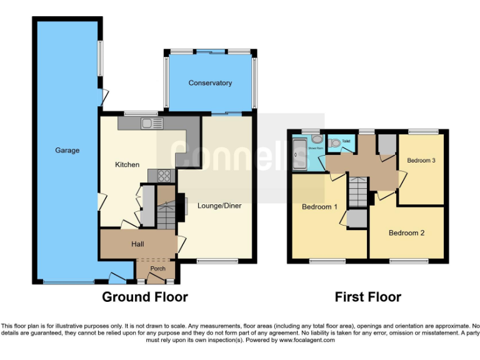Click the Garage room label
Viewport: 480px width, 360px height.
coord(67,151)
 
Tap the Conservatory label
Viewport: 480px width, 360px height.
coord(210,83)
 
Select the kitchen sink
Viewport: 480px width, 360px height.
coord(151,124)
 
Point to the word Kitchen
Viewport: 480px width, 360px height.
coord(127,165)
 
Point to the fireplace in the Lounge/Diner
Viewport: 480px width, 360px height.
coord(185,206)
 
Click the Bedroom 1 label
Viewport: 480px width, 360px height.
coord(319,207)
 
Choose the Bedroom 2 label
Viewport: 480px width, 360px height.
coord(406,233)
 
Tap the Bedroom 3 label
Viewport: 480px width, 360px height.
coord(421,161)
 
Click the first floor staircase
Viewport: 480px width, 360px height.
coord(358,191)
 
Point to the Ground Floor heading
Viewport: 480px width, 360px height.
coord(144,297)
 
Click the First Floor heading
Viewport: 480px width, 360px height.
coord(367,297)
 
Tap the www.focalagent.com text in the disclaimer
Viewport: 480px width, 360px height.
coord(306,341)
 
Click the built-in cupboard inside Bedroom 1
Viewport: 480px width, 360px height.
coord(357,219)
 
